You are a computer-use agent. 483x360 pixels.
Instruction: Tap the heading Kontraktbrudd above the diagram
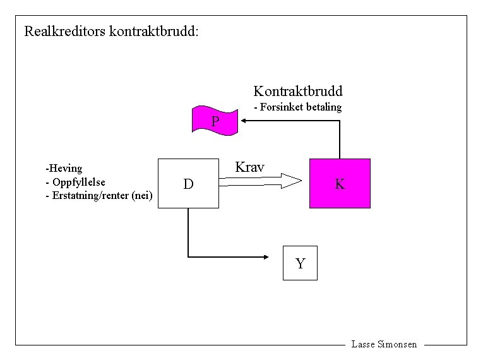pyautogui.click(x=298, y=91)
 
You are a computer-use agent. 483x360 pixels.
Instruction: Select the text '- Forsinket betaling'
pyautogui.click(x=297, y=107)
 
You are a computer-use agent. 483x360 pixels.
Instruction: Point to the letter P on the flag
pyautogui.click(x=215, y=121)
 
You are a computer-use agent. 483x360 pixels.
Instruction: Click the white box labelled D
pyautogui.click(x=188, y=184)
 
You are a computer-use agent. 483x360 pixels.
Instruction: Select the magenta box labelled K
pyautogui.click(x=340, y=183)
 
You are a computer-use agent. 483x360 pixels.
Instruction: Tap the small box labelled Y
pyautogui.click(x=300, y=263)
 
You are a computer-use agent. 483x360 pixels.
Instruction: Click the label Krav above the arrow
pyautogui.click(x=249, y=167)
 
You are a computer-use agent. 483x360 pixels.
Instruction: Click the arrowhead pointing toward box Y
pyautogui.click(x=266, y=256)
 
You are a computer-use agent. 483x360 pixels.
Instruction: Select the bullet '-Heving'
pyautogui.click(x=64, y=169)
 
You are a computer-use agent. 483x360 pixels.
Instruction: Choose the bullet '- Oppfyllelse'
pyautogui.click(x=76, y=183)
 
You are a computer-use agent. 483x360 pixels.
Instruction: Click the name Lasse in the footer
pyautogui.click(x=363, y=344)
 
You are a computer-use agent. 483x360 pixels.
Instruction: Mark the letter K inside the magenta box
pyautogui.click(x=340, y=184)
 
